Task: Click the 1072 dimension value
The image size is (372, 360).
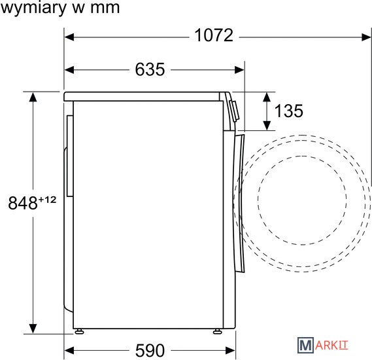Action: (x=214, y=35)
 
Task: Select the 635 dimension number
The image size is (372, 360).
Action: (x=150, y=69)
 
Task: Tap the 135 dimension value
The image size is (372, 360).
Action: (x=289, y=111)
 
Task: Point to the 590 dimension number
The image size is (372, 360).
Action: (x=150, y=350)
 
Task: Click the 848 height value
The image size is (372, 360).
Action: (x=23, y=203)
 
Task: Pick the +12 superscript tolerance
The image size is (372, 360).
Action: (x=47, y=200)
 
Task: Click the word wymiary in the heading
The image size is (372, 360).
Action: (x=33, y=9)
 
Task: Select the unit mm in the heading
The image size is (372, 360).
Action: (x=105, y=9)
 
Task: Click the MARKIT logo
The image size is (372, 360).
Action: (x=323, y=345)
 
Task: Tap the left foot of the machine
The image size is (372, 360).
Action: (x=79, y=331)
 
